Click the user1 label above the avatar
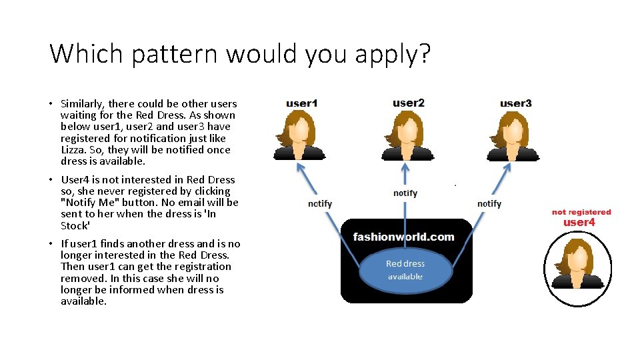[301, 103]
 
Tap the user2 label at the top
[408, 103]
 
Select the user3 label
[515, 103]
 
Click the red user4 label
[579, 223]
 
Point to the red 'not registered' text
[581, 212]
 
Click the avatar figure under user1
[299, 136]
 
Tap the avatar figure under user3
[513, 136]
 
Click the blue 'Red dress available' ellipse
[405, 270]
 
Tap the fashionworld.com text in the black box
[403, 237]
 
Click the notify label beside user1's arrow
[320, 203]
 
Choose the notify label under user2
[405, 193]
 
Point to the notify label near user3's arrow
[489, 203]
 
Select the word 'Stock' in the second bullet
[75, 225]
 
